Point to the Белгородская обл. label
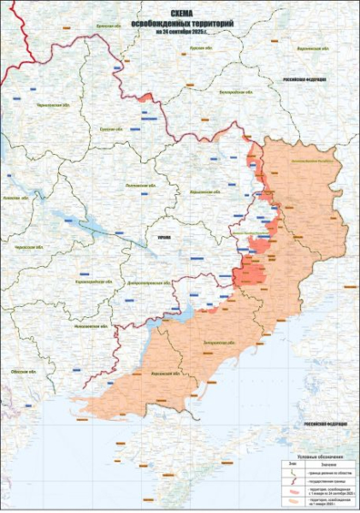tap(233, 90)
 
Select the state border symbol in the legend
tap(292, 481)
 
